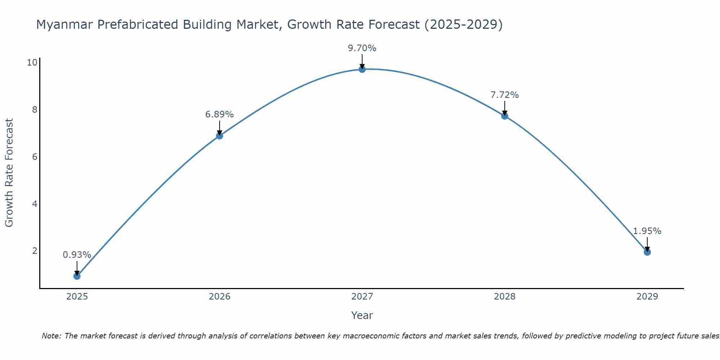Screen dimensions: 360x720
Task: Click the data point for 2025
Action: (77, 276)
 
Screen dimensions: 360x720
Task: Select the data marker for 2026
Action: (220, 136)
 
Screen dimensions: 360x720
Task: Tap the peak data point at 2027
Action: (362, 69)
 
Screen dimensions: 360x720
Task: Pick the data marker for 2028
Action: (505, 116)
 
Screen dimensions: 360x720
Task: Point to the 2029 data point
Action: (647, 252)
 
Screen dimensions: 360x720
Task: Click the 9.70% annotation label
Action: (362, 48)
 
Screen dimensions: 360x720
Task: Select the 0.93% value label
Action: (77, 255)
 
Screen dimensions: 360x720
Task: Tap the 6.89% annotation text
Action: (220, 114)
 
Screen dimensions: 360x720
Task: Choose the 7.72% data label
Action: (505, 95)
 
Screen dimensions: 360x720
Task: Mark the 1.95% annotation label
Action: (647, 231)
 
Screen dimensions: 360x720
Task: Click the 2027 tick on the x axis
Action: (362, 297)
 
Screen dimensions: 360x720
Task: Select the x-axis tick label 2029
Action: (647, 297)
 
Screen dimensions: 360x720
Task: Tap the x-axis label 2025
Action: (77, 297)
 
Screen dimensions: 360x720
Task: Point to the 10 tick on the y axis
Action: (32, 63)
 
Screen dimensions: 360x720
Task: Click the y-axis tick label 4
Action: (35, 204)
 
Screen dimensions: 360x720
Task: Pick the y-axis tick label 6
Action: (35, 157)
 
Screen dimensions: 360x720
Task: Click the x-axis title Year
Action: (362, 315)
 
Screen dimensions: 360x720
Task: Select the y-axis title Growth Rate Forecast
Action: (9, 172)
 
